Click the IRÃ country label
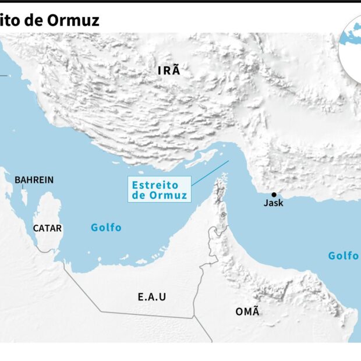(x=169, y=71)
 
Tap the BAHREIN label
(x=34, y=180)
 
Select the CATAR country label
(x=47, y=228)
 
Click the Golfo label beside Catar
(x=106, y=228)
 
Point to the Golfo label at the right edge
(x=344, y=256)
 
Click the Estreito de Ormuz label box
(x=159, y=190)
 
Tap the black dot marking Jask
(x=274, y=194)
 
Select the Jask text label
(x=274, y=203)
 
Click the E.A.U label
(x=152, y=297)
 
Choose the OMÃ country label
(x=247, y=312)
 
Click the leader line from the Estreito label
(x=210, y=174)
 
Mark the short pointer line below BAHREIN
(x=23, y=188)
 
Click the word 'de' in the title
(x=34, y=20)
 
